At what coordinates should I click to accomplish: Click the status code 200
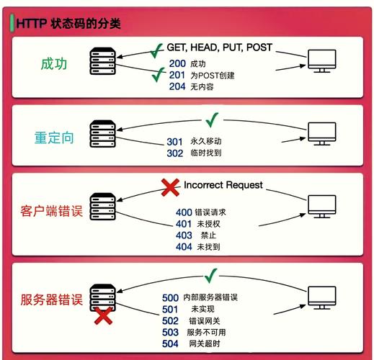tap(177, 63)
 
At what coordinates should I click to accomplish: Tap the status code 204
tap(177, 86)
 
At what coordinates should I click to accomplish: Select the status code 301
tap(175, 142)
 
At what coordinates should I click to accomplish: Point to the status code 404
tap(184, 247)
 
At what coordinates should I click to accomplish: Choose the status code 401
tap(184, 224)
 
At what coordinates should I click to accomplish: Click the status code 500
tap(170, 298)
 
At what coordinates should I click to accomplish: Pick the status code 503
tap(170, 333)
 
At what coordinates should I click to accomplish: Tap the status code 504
tap(170, 343)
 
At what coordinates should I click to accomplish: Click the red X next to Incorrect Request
tap(170, 187)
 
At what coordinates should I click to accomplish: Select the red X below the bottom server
tap(103, 315)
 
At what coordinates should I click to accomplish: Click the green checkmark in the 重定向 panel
tap(212, 120)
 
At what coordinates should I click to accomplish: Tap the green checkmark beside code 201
tap(159, 75)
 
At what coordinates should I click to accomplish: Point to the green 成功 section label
tap(54, 64)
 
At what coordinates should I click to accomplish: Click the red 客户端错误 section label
tap(52, 211)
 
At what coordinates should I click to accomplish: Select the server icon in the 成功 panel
tap(103, 61)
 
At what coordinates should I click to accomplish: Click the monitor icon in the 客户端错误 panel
tap(322, 207)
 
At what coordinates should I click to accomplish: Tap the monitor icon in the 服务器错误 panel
tap(322, 297)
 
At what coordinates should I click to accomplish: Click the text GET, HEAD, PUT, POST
tap(220, 48)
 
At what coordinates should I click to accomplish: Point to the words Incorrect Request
tap(223, 185)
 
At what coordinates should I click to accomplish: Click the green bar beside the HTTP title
tap(12, 23)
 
